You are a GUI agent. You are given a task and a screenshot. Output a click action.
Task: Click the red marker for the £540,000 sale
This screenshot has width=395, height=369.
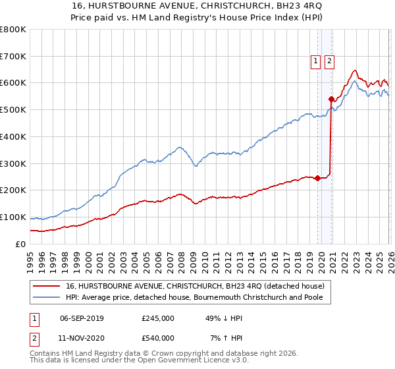[x=331, y=99]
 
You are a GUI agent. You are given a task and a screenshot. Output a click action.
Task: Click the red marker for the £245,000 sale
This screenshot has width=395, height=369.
[x=317, y=178]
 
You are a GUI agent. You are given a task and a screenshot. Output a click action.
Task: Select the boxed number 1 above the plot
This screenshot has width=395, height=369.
[x=315, y=61]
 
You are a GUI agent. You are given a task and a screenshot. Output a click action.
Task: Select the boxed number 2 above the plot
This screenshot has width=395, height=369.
[x=329, y=61]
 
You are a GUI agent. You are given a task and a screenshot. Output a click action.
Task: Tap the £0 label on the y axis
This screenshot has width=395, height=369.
[x=20, y=244]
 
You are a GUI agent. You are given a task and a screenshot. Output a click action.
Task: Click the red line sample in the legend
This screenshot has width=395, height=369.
[x=47, y=287]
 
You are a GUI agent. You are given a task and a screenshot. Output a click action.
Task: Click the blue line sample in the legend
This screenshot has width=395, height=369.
[x=47, y=298]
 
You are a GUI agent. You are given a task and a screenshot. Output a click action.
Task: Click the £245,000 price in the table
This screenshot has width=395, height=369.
[x=158, y=318]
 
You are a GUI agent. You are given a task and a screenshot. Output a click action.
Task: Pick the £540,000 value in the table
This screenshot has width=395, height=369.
[x=158, y=338]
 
